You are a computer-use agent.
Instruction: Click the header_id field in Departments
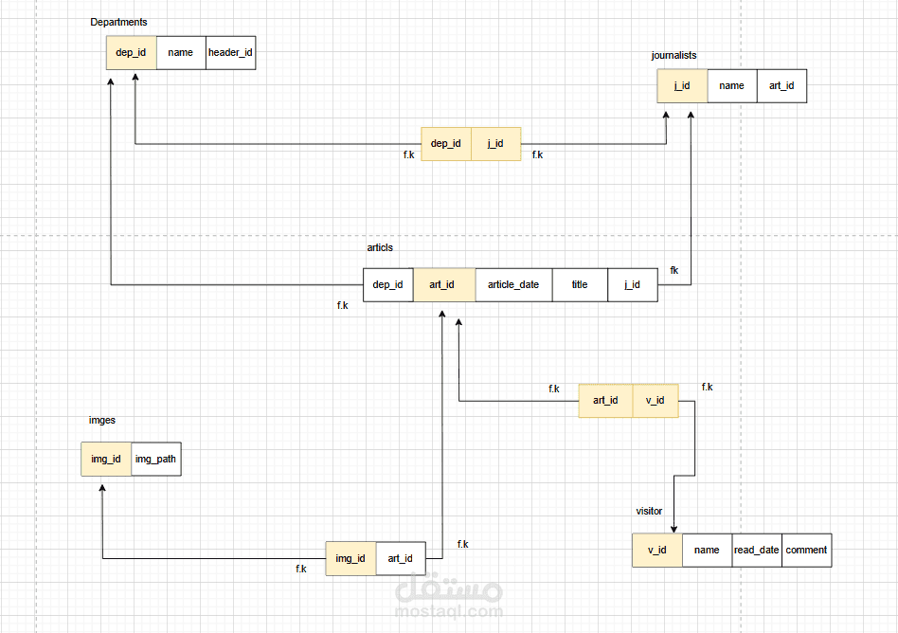(x=230, y=53)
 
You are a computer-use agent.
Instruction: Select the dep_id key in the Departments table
(x=131, y=53)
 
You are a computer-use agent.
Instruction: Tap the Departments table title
(x=118, y=22)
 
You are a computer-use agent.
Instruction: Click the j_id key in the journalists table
(x=682, y=86)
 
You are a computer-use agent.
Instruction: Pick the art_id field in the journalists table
(x=781, y=86)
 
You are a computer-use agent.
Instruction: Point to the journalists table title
(x=673, y=56)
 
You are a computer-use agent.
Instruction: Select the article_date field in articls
(x=513, y=284)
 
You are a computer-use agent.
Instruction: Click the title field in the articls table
(x=579, y=284)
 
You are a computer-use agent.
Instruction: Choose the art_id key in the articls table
(x=441, y=284)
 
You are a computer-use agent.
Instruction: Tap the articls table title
(x=380, y=248)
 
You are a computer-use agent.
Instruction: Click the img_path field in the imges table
(x=155, y=460)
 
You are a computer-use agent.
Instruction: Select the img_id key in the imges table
(x=105, y=460)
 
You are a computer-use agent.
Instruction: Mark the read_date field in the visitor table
(x=756, y=550)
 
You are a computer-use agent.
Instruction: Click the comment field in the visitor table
(x=806, y=550)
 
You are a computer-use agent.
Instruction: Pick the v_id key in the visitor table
(x=656, y=550)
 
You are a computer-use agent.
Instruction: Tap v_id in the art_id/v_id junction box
(x=655, y=401)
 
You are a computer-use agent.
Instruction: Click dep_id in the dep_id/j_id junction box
(x=445, y=144)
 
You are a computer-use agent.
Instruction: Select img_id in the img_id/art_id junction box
(x=350, y=559)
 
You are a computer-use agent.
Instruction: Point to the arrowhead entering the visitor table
(x=673, y=530)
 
